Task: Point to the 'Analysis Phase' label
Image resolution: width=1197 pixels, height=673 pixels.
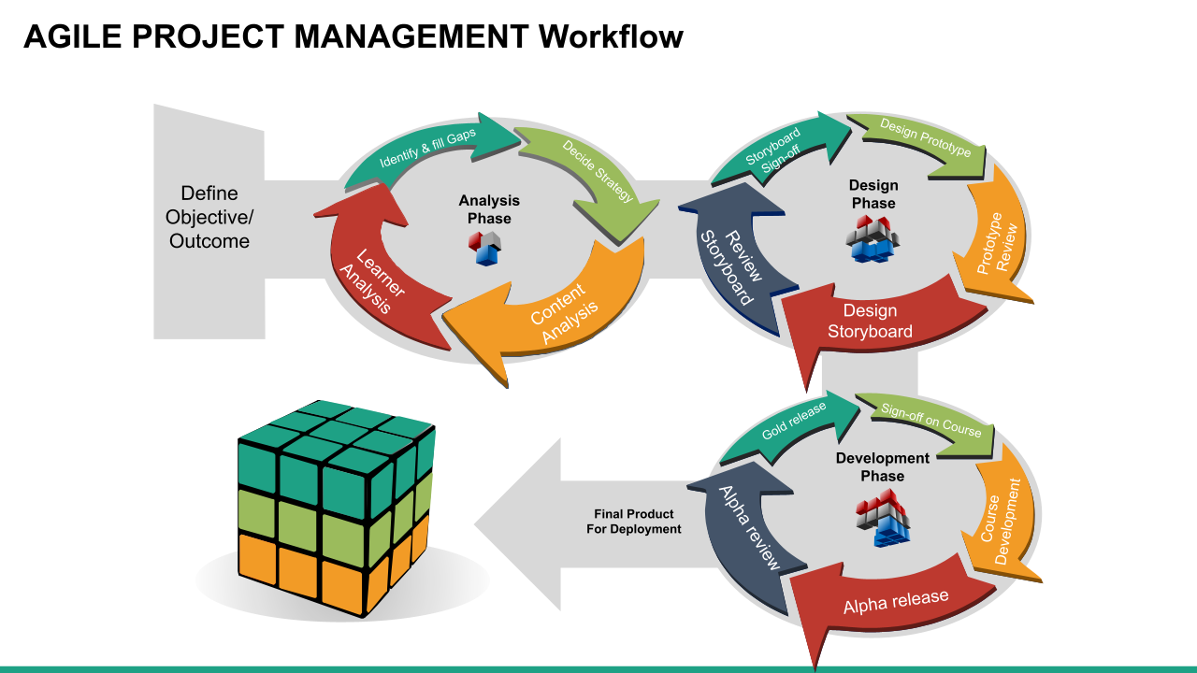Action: [x=489, y=209]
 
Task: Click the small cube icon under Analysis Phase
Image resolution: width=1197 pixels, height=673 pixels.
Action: [x=486, y=248]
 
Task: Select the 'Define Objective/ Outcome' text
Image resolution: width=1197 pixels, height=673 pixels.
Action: [x=209, y=217]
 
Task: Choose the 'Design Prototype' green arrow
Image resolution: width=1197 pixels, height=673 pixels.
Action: [x=925, y=139]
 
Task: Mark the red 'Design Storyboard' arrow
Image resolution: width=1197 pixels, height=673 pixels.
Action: [x=870, y=322]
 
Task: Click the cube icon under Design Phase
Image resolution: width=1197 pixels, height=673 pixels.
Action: [x=873, y=237]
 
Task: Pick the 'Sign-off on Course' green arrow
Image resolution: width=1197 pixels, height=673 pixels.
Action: [x=930, y=421]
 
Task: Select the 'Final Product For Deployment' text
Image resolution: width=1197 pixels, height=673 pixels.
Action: [x=633, y=522]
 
